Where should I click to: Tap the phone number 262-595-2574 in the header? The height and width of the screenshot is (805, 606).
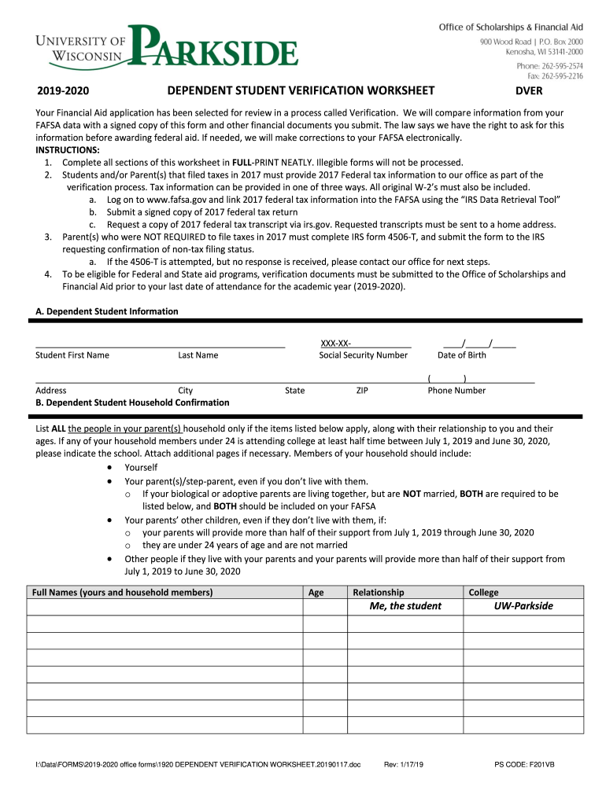549,66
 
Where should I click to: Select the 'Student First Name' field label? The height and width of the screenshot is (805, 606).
72,355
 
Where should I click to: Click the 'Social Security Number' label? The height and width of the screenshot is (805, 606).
363,355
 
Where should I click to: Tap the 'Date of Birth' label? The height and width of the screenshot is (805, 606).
461,355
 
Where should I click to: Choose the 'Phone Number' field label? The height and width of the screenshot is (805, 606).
456,391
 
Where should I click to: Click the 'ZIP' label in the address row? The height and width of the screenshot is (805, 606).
362,391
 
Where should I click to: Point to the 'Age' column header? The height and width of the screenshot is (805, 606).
316,593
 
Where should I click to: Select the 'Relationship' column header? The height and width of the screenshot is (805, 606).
379,593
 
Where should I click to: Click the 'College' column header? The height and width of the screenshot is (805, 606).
483,593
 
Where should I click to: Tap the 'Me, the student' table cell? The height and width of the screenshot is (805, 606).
405,606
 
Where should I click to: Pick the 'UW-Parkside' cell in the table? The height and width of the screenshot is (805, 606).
523,606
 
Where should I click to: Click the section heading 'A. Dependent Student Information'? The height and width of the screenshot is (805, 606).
107,311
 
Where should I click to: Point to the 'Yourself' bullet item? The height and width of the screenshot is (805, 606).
141,468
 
